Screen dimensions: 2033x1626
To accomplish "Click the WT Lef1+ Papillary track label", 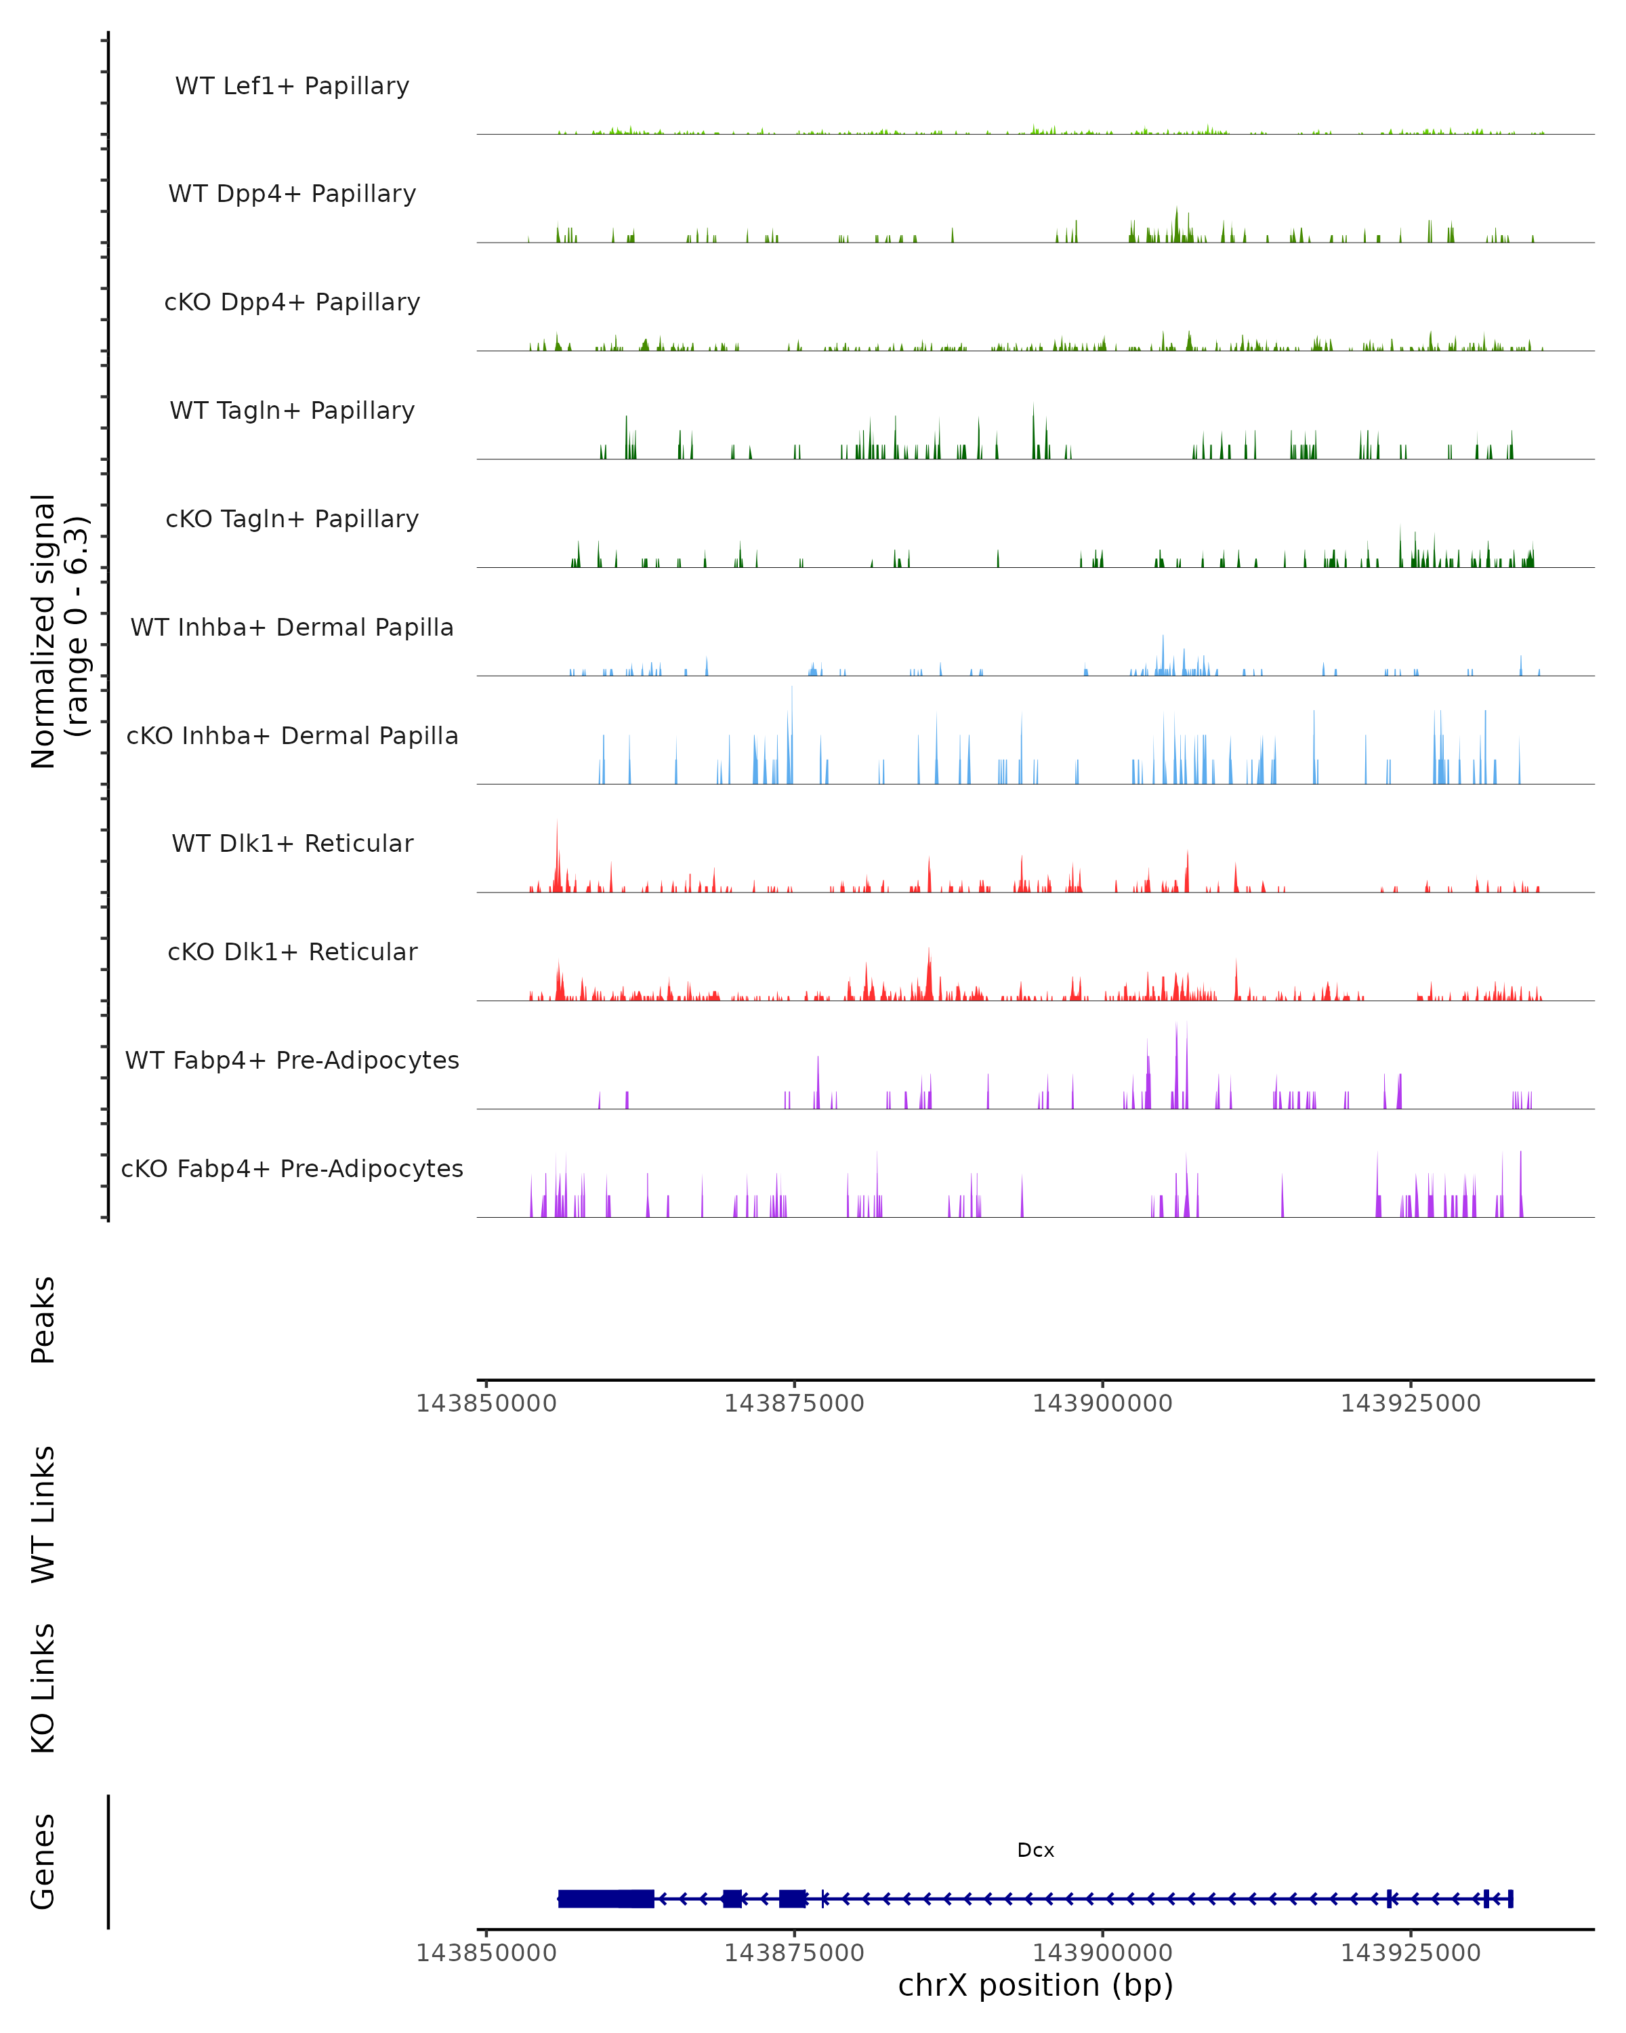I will pos(292,86).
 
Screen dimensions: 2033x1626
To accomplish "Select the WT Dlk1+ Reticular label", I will pos(292,843).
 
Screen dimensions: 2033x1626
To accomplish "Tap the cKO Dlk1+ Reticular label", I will pos(292,951).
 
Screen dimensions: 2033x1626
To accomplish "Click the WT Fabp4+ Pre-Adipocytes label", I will pos(292,1060).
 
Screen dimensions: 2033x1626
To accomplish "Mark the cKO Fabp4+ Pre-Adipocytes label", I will pos(292,1168).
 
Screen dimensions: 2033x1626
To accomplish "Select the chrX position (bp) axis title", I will pos(1035,1985).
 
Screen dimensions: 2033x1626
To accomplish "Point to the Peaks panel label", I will pos(43,1319).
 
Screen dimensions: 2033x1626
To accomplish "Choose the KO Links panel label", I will pos(43,1688).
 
